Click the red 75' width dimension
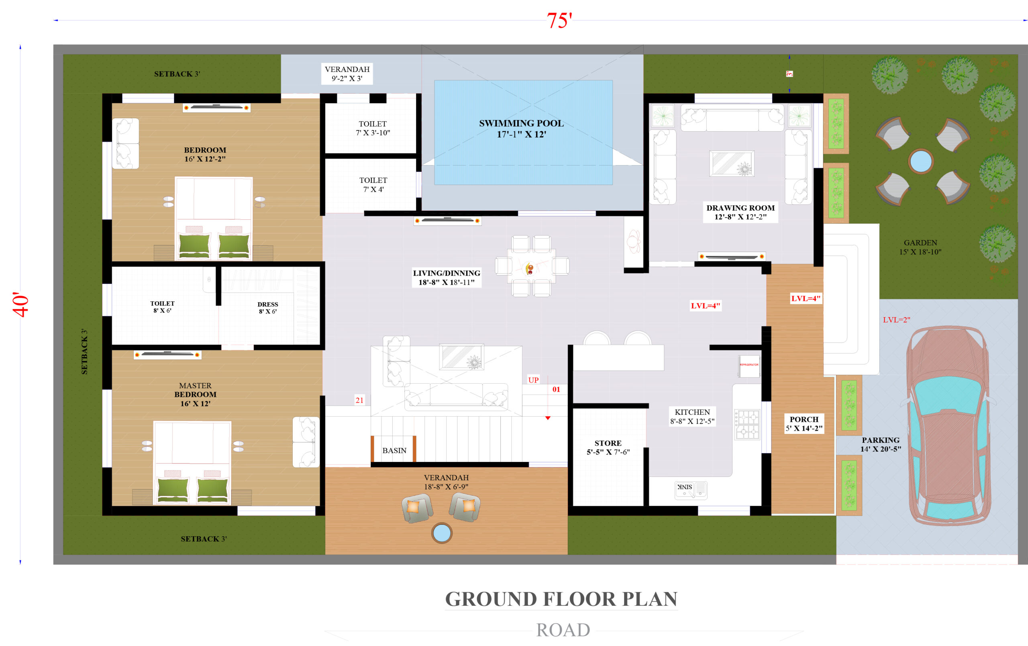pos(559,20)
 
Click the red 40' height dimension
pos(20,305)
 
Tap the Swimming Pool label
pos(521,129)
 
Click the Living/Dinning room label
pos(447,278)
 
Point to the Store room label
pos(608,448)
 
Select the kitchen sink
pos(691,490)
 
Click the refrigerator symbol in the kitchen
pos(749,366)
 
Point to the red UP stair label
pos(533,380)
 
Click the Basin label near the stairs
pos(394,450)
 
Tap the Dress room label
pos(268,308)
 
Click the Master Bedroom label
pos(195,395)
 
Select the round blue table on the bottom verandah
pos(441,533)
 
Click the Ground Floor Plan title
pos(561,599)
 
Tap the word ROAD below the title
pos(563,630)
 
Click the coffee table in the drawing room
pos(732,163)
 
